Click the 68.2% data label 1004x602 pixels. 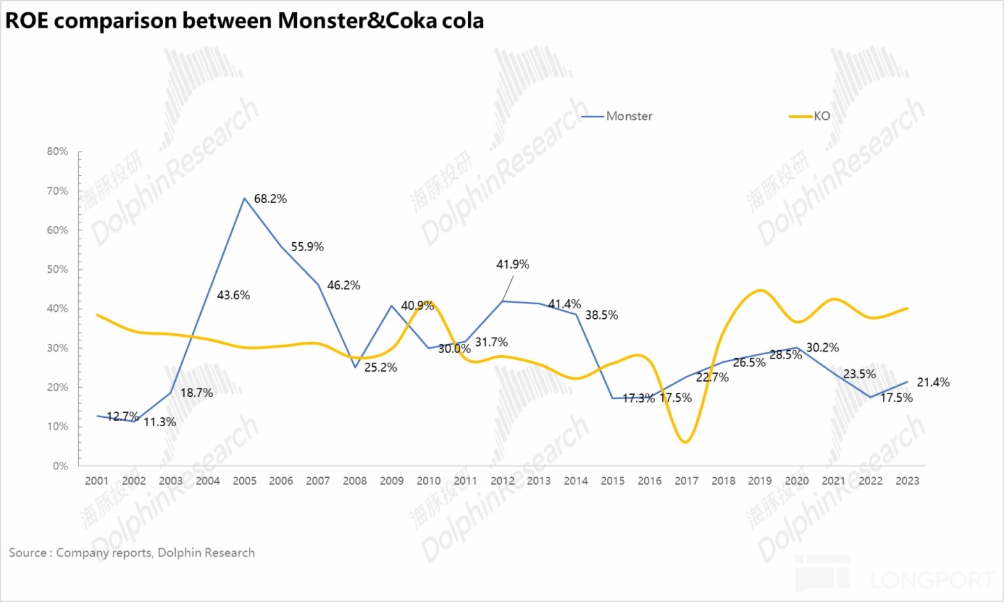[270, 199]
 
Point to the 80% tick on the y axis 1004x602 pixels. [58, 151]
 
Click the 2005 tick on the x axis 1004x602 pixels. [245, 481]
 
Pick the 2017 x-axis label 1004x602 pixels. [686, 481]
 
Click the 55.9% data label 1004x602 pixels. [307, 247]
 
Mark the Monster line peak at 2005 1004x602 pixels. [245, 198]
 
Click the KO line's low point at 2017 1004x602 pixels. [686, 442]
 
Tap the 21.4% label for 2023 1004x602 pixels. [933, 382]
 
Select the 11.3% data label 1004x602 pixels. [160, 422]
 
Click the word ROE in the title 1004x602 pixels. [26, 21]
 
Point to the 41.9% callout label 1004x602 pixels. [512, 264]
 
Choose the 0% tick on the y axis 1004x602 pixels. [61, 466]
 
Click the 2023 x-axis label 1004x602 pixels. [907, 481]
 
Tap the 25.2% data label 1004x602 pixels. [381, 368]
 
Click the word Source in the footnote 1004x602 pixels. [27, 552]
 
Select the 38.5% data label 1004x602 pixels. [601, 315]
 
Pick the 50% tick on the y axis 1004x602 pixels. [58, 269]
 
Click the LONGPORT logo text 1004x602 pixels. [932, 580]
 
